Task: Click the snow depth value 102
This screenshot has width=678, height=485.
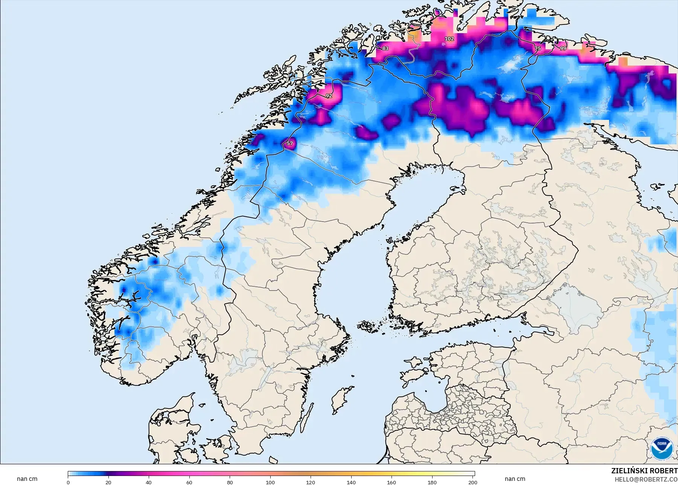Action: (449, 39)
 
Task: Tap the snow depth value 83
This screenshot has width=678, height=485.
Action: (385, 49)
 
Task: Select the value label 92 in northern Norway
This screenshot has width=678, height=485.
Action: (329, 96)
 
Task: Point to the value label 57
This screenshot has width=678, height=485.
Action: (289, 143)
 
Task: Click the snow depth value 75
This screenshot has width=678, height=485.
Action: (538, 49)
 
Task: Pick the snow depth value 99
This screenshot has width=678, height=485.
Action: (563, 48)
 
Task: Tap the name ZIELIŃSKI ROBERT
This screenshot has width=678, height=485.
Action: (644, 471)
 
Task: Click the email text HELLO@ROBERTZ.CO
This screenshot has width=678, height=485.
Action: (646, 479)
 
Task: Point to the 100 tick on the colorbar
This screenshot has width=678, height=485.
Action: (270, 482)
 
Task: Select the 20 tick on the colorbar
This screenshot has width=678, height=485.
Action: (108, 482)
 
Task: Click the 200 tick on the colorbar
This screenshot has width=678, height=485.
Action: (472, 482)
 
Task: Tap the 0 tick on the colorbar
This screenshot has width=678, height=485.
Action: (68, 482)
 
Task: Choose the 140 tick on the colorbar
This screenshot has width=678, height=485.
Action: (351, 482)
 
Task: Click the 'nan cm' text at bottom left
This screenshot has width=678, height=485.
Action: (27, 479)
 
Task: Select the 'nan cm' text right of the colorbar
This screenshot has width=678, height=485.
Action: (515, 479)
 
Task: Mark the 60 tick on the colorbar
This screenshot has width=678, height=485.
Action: (189, 482)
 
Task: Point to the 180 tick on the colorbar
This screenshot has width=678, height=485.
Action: (432, 482)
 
